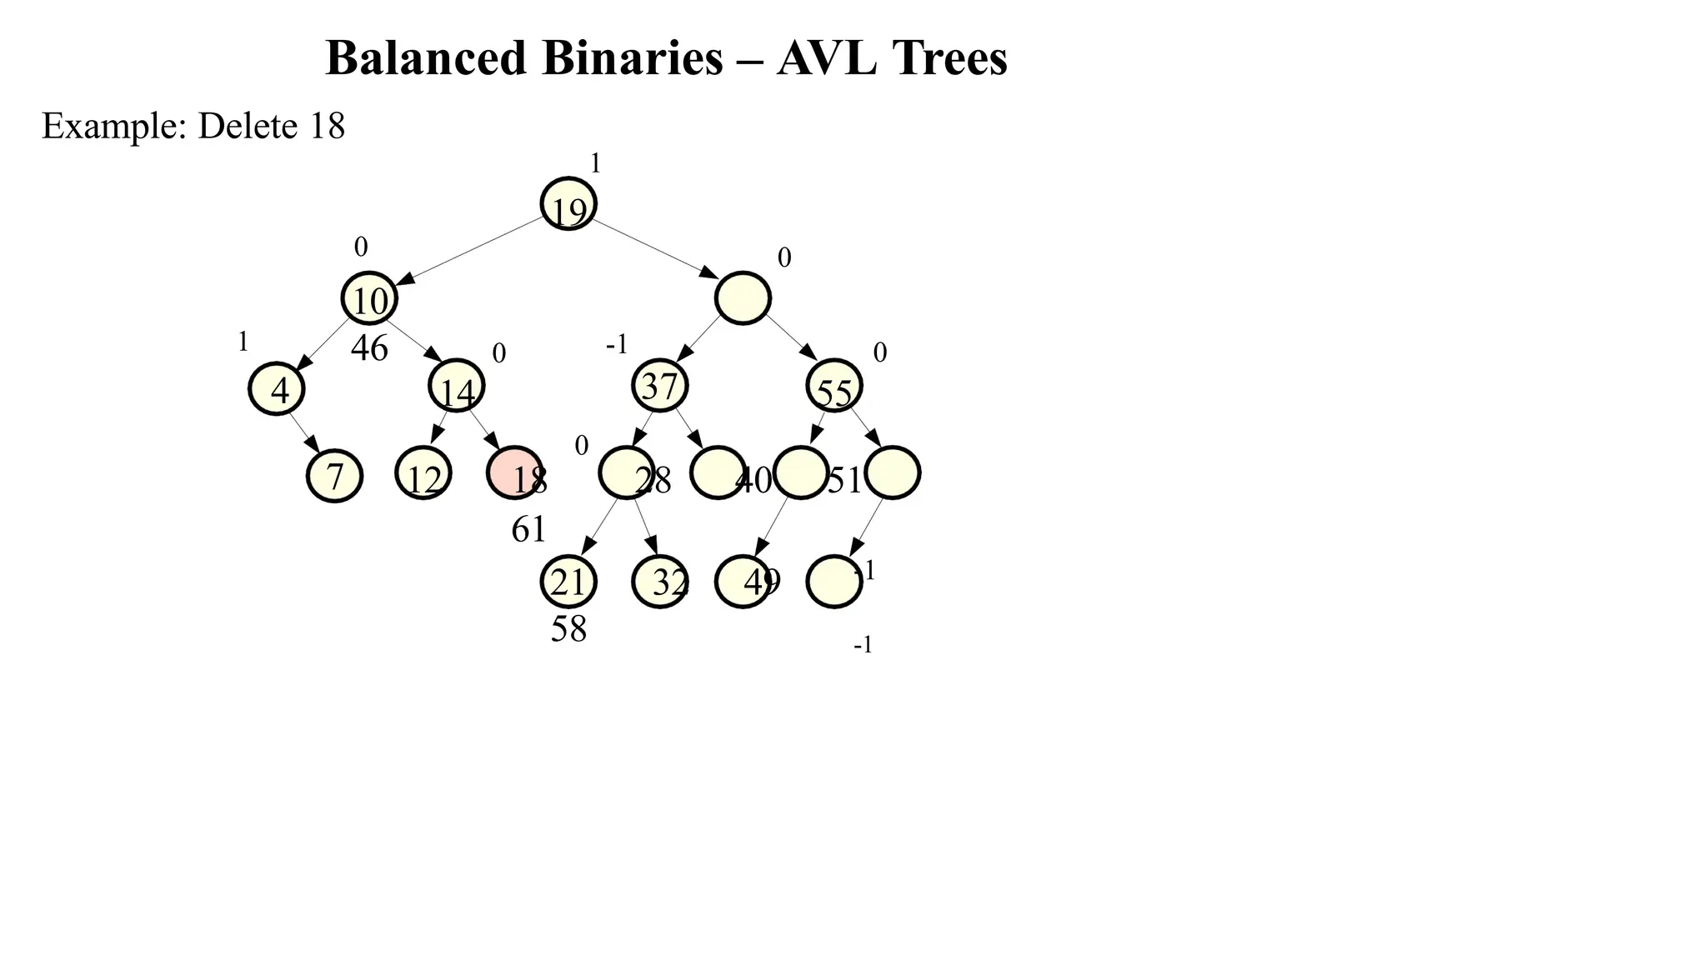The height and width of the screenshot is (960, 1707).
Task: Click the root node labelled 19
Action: [x=568, y=203]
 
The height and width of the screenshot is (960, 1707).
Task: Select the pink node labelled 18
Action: [x=514, y=472]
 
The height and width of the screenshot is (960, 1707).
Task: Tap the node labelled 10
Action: [x=369, y=298]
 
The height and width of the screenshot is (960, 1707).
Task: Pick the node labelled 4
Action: [x=277, y=388]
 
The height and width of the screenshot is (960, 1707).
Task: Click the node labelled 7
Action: [x=334, y=476]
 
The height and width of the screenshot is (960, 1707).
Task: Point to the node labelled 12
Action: [x=423, y=473]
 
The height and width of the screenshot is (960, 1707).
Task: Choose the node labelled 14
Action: [x=457, y=386]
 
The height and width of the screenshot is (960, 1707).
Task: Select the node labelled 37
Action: [x=660, y=386]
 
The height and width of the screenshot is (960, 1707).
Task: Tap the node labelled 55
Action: [x=834, y=386]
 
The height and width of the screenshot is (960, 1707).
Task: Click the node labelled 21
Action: [x=568, y=582]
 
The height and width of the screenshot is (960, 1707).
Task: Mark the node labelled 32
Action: [x=660, y=582]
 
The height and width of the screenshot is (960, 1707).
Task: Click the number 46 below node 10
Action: [x=369, y=348]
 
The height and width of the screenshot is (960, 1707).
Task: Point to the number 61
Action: [x=528, y=529]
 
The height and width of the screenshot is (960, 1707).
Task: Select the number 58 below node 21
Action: [x=568, y=629]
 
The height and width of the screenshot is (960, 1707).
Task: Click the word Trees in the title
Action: [x=949, y=58]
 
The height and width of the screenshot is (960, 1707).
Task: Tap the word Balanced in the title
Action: [x=426, y=58]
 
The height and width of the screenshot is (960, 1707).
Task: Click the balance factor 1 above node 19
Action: [x=595, y=164]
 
